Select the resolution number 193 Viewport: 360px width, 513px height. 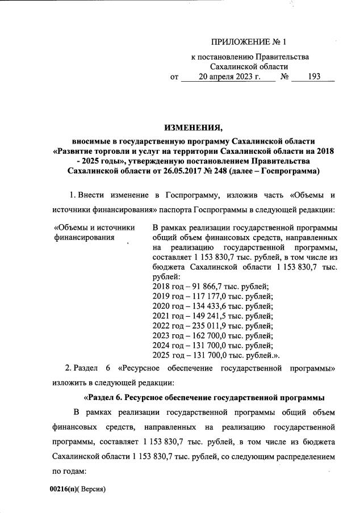[x=314, y=77]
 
